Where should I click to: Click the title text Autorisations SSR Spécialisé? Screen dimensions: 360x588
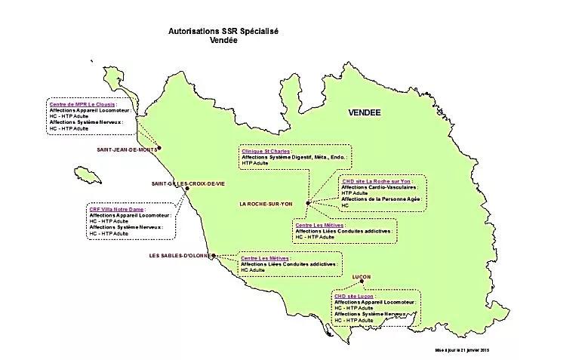tap(223, 32)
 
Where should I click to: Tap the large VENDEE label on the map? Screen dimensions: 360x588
tap(365, 112)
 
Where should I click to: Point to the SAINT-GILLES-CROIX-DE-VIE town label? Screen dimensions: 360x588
tap(189, 183)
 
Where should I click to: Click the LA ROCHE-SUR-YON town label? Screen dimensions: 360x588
tap(270, 204)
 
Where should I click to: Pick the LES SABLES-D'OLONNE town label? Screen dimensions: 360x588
tap(180, 256)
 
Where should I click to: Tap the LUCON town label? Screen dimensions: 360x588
tap(362, 277)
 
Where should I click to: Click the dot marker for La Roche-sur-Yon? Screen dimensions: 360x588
tap(308, 203)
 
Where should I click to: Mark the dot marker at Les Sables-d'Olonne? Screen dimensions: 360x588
tap(214, 255)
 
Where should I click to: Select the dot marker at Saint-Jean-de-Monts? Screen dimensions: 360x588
tap(159, 149)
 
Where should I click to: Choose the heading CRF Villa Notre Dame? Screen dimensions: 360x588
tap(117, 209)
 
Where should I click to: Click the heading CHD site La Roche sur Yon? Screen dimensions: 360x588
tap(376, 181)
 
